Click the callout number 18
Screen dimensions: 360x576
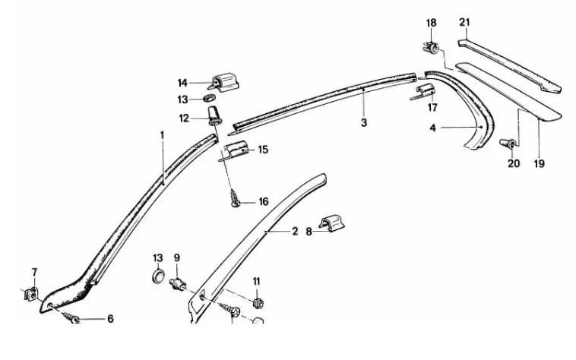tap(431, 24)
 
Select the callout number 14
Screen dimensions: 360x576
tap(182, 83)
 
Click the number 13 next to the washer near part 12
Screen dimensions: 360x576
tap(182, 99)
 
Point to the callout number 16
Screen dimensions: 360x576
tap(263, 202)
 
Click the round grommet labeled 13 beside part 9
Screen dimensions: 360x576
tap(158, 275)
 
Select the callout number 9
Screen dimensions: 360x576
tap(176, 257)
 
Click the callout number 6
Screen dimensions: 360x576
tap(109, 319)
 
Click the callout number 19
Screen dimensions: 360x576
tap(538, 162)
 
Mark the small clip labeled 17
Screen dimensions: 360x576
tap(426, 93)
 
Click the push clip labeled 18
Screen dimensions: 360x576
tap(431, 49)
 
